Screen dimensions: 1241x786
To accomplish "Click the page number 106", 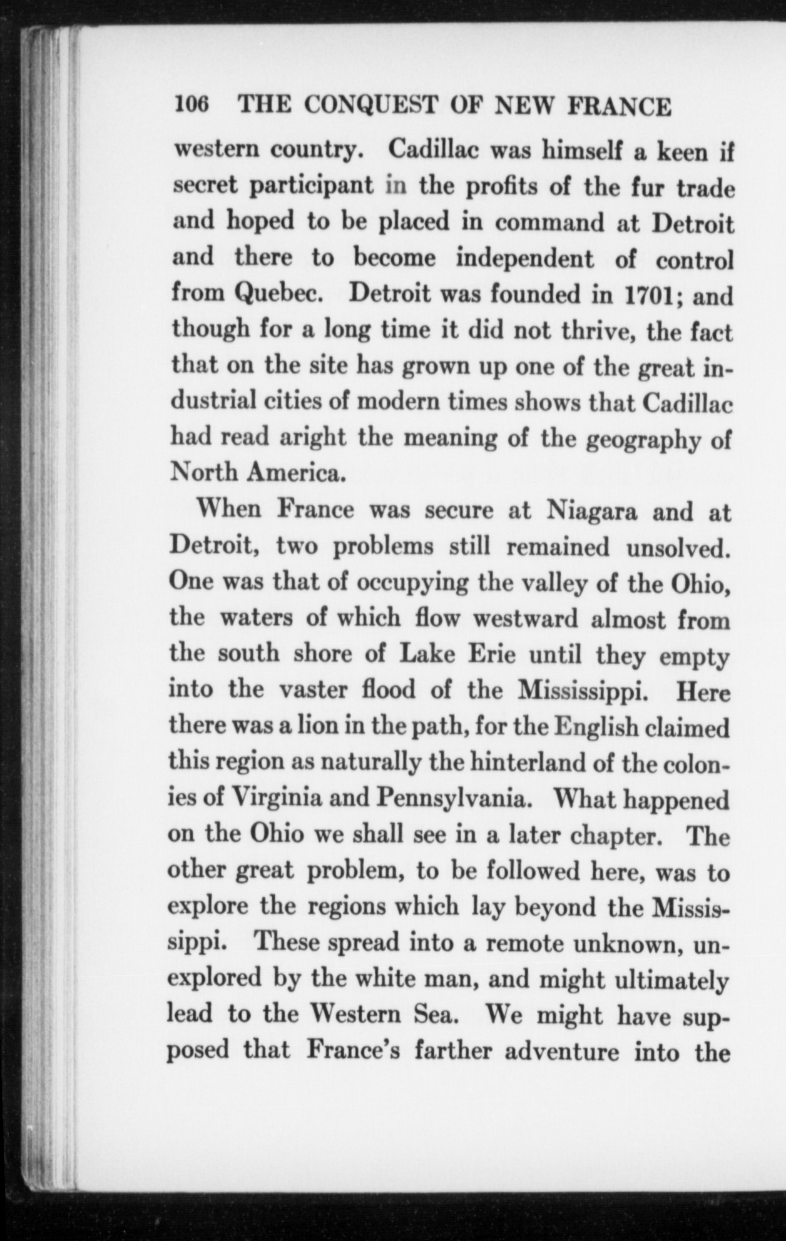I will point(194,106).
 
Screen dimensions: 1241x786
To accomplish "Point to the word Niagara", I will point(592,511).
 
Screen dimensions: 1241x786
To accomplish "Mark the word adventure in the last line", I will point(561,1051).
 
